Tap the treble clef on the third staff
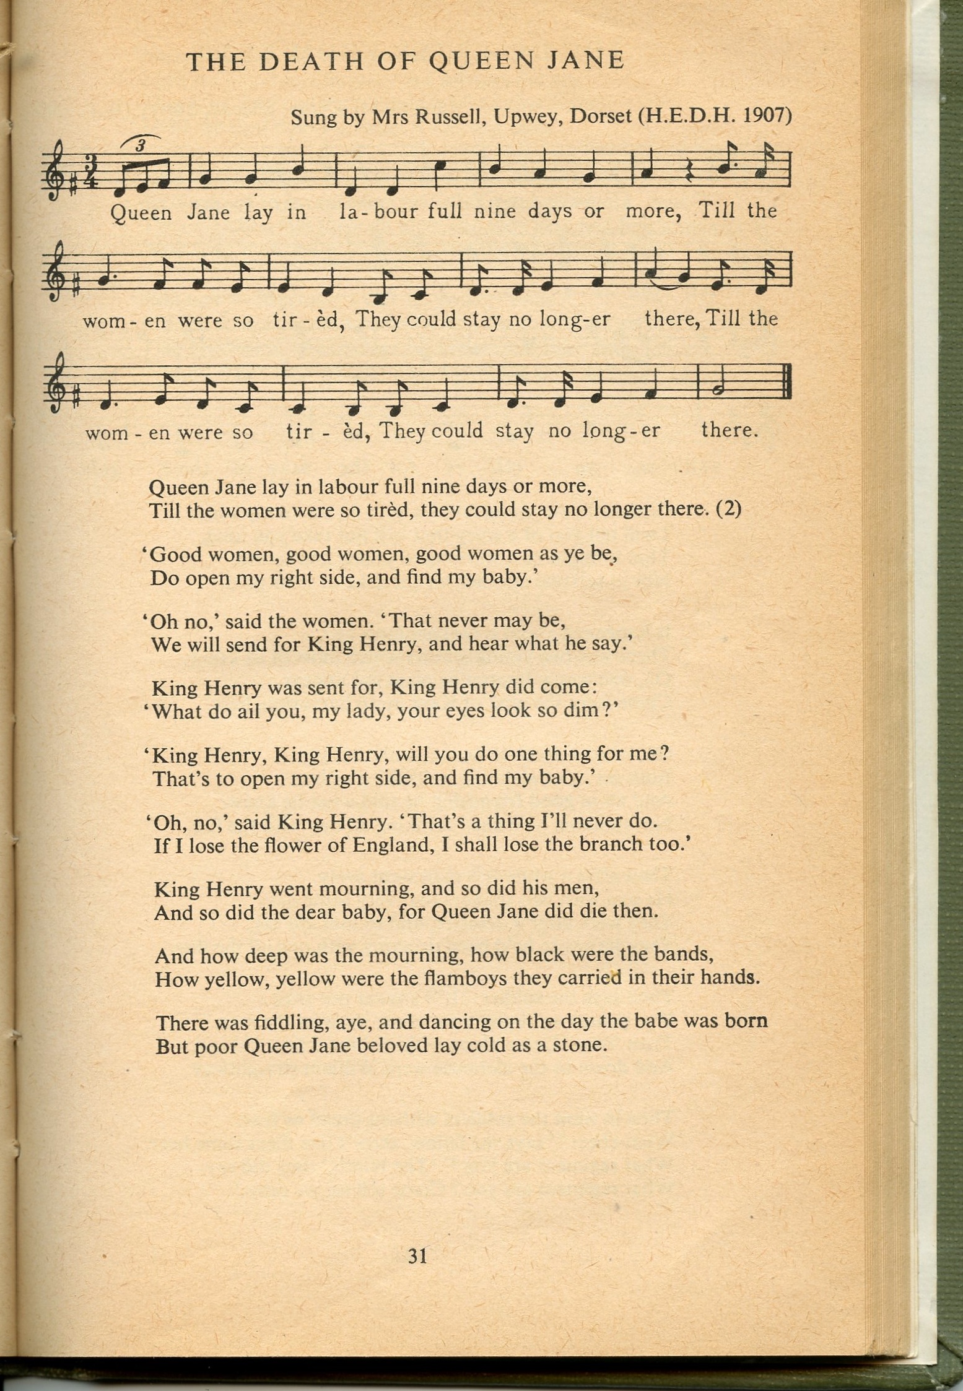[58, 391]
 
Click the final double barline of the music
[789, 390]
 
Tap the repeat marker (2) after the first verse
[728, 509]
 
